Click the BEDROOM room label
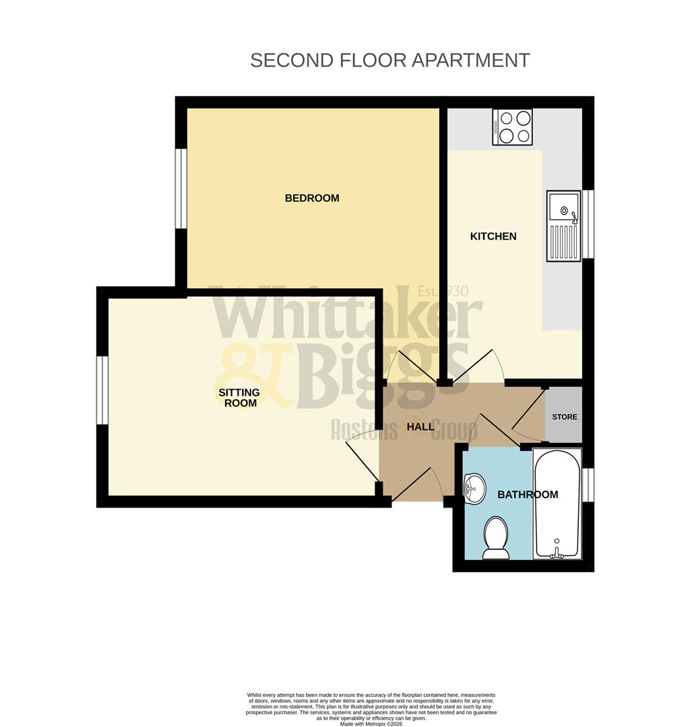pos(312,198)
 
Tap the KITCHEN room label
pos(493,236)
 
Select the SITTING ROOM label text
pos(239,397)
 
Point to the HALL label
pos(420,427)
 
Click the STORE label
pos(565,417)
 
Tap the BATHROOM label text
pos(528,495)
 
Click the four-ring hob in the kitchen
pos(512,127)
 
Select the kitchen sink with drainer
pos(563,226)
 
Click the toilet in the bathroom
pos(497,538)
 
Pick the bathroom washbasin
pos(474,488)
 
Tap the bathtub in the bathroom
pos(557,503)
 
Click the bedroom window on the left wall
pos(181,188)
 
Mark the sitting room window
pos(102,390)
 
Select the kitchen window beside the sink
pos(588,224)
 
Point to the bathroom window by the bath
pos(588,485)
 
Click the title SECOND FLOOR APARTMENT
pos(389,60)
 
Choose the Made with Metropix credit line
pos(371,724)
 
